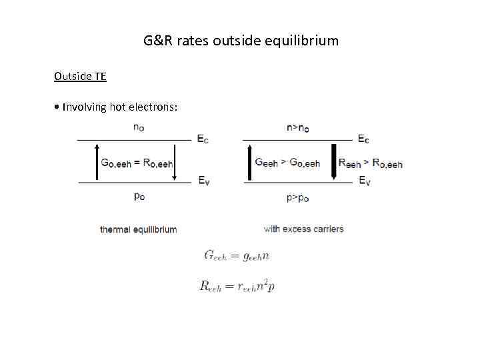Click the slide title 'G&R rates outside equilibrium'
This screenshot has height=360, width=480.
(x=241, y=41)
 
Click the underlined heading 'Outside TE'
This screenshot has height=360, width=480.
(x=80, y=76)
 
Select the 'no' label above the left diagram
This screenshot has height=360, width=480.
(x=139, y=128)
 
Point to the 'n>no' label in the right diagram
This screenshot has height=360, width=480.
(x=297, y=128)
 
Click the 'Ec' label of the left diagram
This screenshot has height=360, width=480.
(x=203, y=139)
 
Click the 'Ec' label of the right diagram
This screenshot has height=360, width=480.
(x=363, y=139)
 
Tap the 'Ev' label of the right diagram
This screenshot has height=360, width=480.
(x=364, y=181)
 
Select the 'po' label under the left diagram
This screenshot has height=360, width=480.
(x=139, y=197)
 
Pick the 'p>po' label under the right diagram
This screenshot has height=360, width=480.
(x=297, y=197)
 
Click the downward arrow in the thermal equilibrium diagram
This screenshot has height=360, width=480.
(x=175, y=161)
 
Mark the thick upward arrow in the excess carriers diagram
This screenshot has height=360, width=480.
(x=249, y=161)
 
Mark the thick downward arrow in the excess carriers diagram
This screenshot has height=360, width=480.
(x=333, y=161)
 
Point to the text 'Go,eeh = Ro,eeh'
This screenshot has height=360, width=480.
(x=136, y=162)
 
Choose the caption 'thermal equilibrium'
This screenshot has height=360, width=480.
(x=138, y=229)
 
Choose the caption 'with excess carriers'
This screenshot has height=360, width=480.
(x=303, y=229)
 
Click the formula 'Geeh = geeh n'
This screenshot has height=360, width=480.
(x=236, y=256)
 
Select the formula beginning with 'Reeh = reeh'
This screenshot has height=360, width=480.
(x=237, y=286)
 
